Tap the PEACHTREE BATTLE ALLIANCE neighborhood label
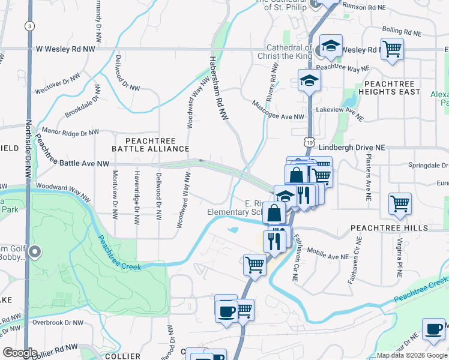[150, 143]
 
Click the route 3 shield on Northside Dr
[28, 26]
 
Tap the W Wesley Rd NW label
[65, 49]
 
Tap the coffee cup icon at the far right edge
[433, 328]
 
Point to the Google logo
[20, 353]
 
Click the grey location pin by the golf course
[34, 253]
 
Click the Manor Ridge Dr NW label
[70, 131]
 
